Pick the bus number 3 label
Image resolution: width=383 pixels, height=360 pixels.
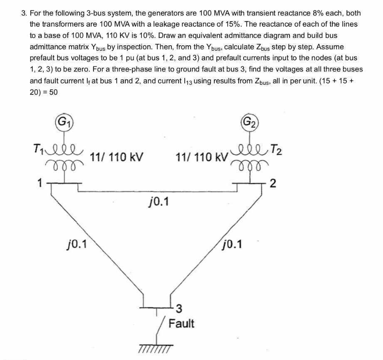pos(179,308)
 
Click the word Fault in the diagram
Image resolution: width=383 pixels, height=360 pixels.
pos(181,323)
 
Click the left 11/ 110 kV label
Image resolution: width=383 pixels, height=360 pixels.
pos(117,158)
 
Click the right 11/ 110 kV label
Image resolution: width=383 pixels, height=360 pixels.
pos(202,158)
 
